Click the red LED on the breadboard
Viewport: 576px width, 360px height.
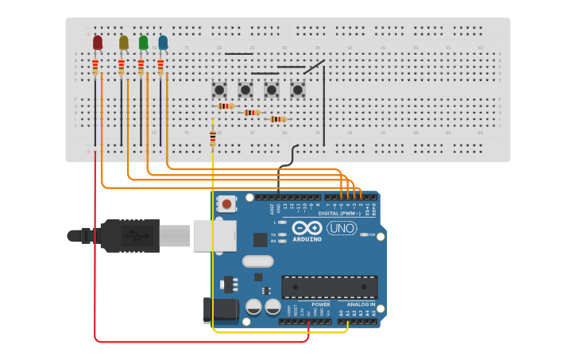(x=98, y=42)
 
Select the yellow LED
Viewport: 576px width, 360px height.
(x=123, y=42)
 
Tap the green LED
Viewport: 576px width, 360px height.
(x=143, y=42)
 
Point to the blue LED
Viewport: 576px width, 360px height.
(x=163, y=42)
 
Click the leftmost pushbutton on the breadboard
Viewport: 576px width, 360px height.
(x=219, y=90)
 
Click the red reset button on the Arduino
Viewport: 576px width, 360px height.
(x=227, y=204)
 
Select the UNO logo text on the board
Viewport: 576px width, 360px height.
(x=342, y=228)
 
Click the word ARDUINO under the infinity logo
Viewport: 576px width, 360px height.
(x=307, y=239)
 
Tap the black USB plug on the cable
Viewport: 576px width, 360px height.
(x=127, y=235)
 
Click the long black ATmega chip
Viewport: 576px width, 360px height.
(x=329, y=287)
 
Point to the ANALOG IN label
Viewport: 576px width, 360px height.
(x=361, y=304)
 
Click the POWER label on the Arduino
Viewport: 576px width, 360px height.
(x=321, y=304)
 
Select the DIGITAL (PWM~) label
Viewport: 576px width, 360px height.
(x=339, y=214)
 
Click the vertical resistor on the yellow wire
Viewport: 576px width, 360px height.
(x=212, y=138)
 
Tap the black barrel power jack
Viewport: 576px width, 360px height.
(x=220, y=310)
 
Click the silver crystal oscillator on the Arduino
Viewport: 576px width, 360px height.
(x=257, y=261)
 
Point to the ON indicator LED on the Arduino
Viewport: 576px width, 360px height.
(x=364, y=234)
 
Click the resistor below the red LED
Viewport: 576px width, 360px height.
(x=95, y=66)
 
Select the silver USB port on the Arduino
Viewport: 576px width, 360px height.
(x=215, y=236)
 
